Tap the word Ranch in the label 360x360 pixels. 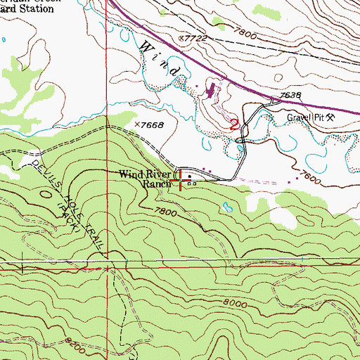click(x=157, y=184)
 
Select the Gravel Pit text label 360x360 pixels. click(x=304, y=117)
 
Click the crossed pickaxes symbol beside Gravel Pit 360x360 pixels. click(x=330, y=117)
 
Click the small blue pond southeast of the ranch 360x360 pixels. click(x=226, y=208)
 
